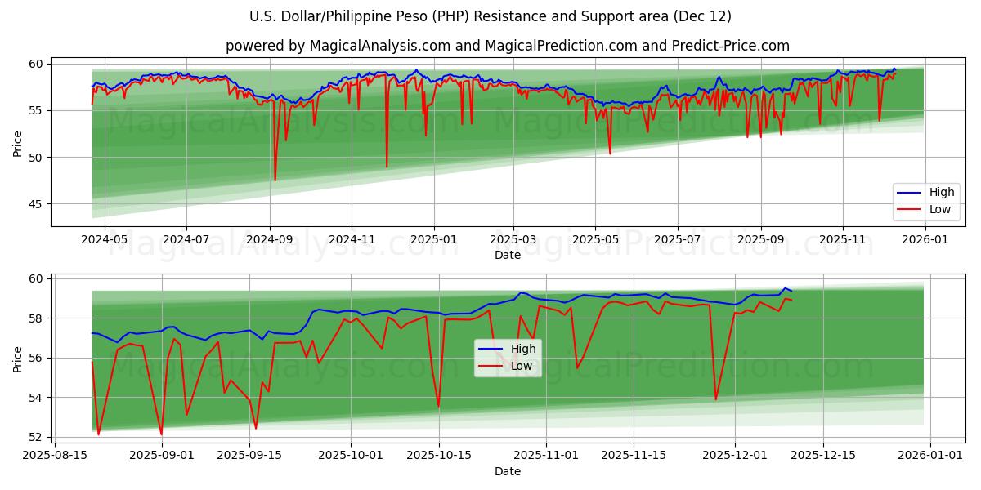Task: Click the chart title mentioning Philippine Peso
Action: tap(490, 16)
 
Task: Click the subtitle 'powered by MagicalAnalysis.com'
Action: tap(507, 46)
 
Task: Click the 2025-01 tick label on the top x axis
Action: tap(433, 241)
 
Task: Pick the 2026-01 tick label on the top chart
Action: tap(925, 241)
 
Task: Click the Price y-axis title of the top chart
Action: tap(18, 144)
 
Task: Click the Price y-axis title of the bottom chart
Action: tap(18, 359)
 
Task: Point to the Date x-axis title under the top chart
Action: tap(508, 255)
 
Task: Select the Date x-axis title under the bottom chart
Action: tap(508, 471)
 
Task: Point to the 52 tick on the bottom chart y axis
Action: tap(38, 437)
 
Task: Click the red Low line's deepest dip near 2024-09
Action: tap(275, 180)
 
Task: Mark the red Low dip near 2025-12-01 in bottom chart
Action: tap(716, 399)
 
